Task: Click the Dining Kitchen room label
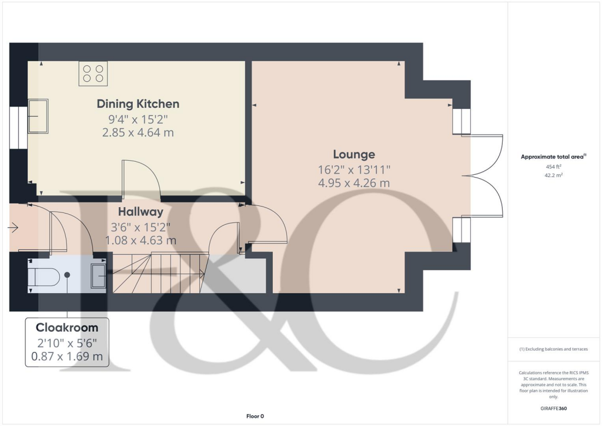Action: tap(138, 104)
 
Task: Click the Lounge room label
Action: tap(353, 155)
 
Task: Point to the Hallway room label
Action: tap(140, 211)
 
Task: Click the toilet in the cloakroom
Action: tap(45, 275)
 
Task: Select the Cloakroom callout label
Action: tap(66, 327)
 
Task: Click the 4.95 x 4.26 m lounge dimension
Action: tap(353, 183)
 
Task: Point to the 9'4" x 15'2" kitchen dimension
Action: tap(138, 119)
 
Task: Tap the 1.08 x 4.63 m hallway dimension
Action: tap(140, 240)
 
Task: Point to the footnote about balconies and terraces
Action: tap(553, 349)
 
